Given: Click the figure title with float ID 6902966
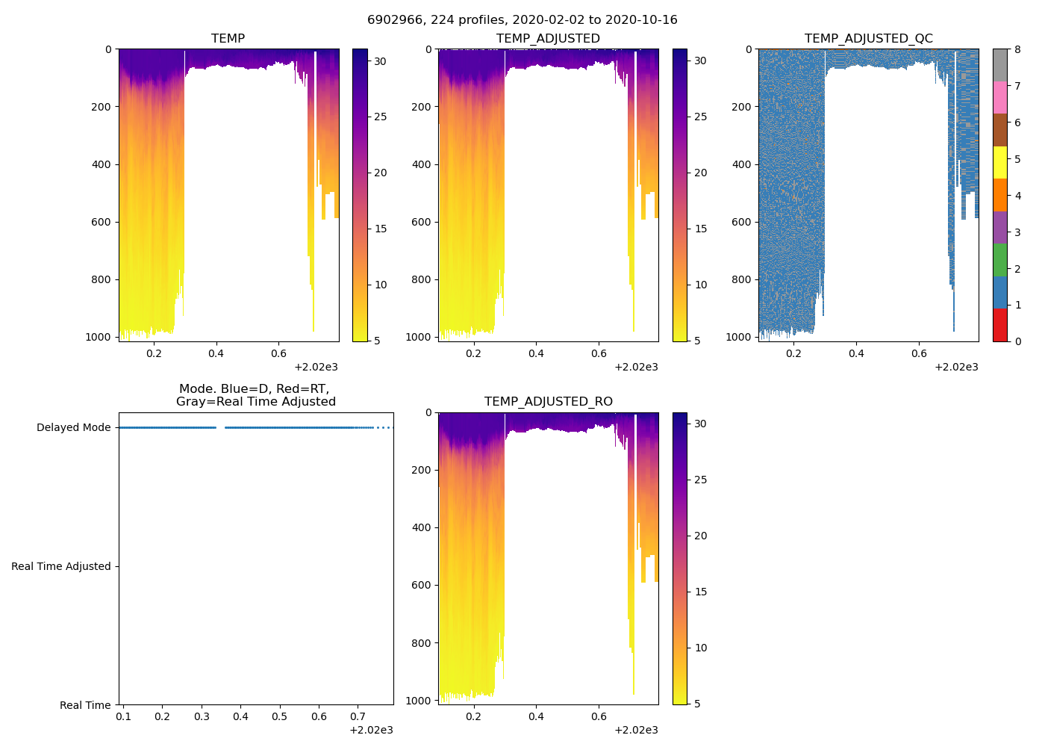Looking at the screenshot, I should click(522, 20).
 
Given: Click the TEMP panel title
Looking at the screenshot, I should click(228, 38).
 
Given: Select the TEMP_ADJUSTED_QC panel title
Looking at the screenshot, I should click(868, 38).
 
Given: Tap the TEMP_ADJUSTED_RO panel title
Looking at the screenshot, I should click(548, 402).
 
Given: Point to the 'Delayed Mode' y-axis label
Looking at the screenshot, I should click(73, 427).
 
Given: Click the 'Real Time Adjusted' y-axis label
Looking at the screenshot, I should click(61, 566).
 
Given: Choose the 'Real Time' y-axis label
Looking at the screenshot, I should click(85, 705).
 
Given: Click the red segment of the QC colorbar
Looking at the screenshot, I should click(999, 325).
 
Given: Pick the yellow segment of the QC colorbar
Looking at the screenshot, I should click(999, 162).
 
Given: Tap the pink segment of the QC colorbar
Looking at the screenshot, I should click(999, 97).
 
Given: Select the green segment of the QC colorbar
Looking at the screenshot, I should click(999, 260).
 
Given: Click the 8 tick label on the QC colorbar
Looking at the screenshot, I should click(1017, 49).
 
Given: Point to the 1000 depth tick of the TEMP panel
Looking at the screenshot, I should click(98, 337).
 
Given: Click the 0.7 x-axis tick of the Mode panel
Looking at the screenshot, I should click(358, 717).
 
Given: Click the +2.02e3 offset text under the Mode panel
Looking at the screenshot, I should click(371, 730).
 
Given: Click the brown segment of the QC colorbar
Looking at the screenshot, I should click(999, 130).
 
